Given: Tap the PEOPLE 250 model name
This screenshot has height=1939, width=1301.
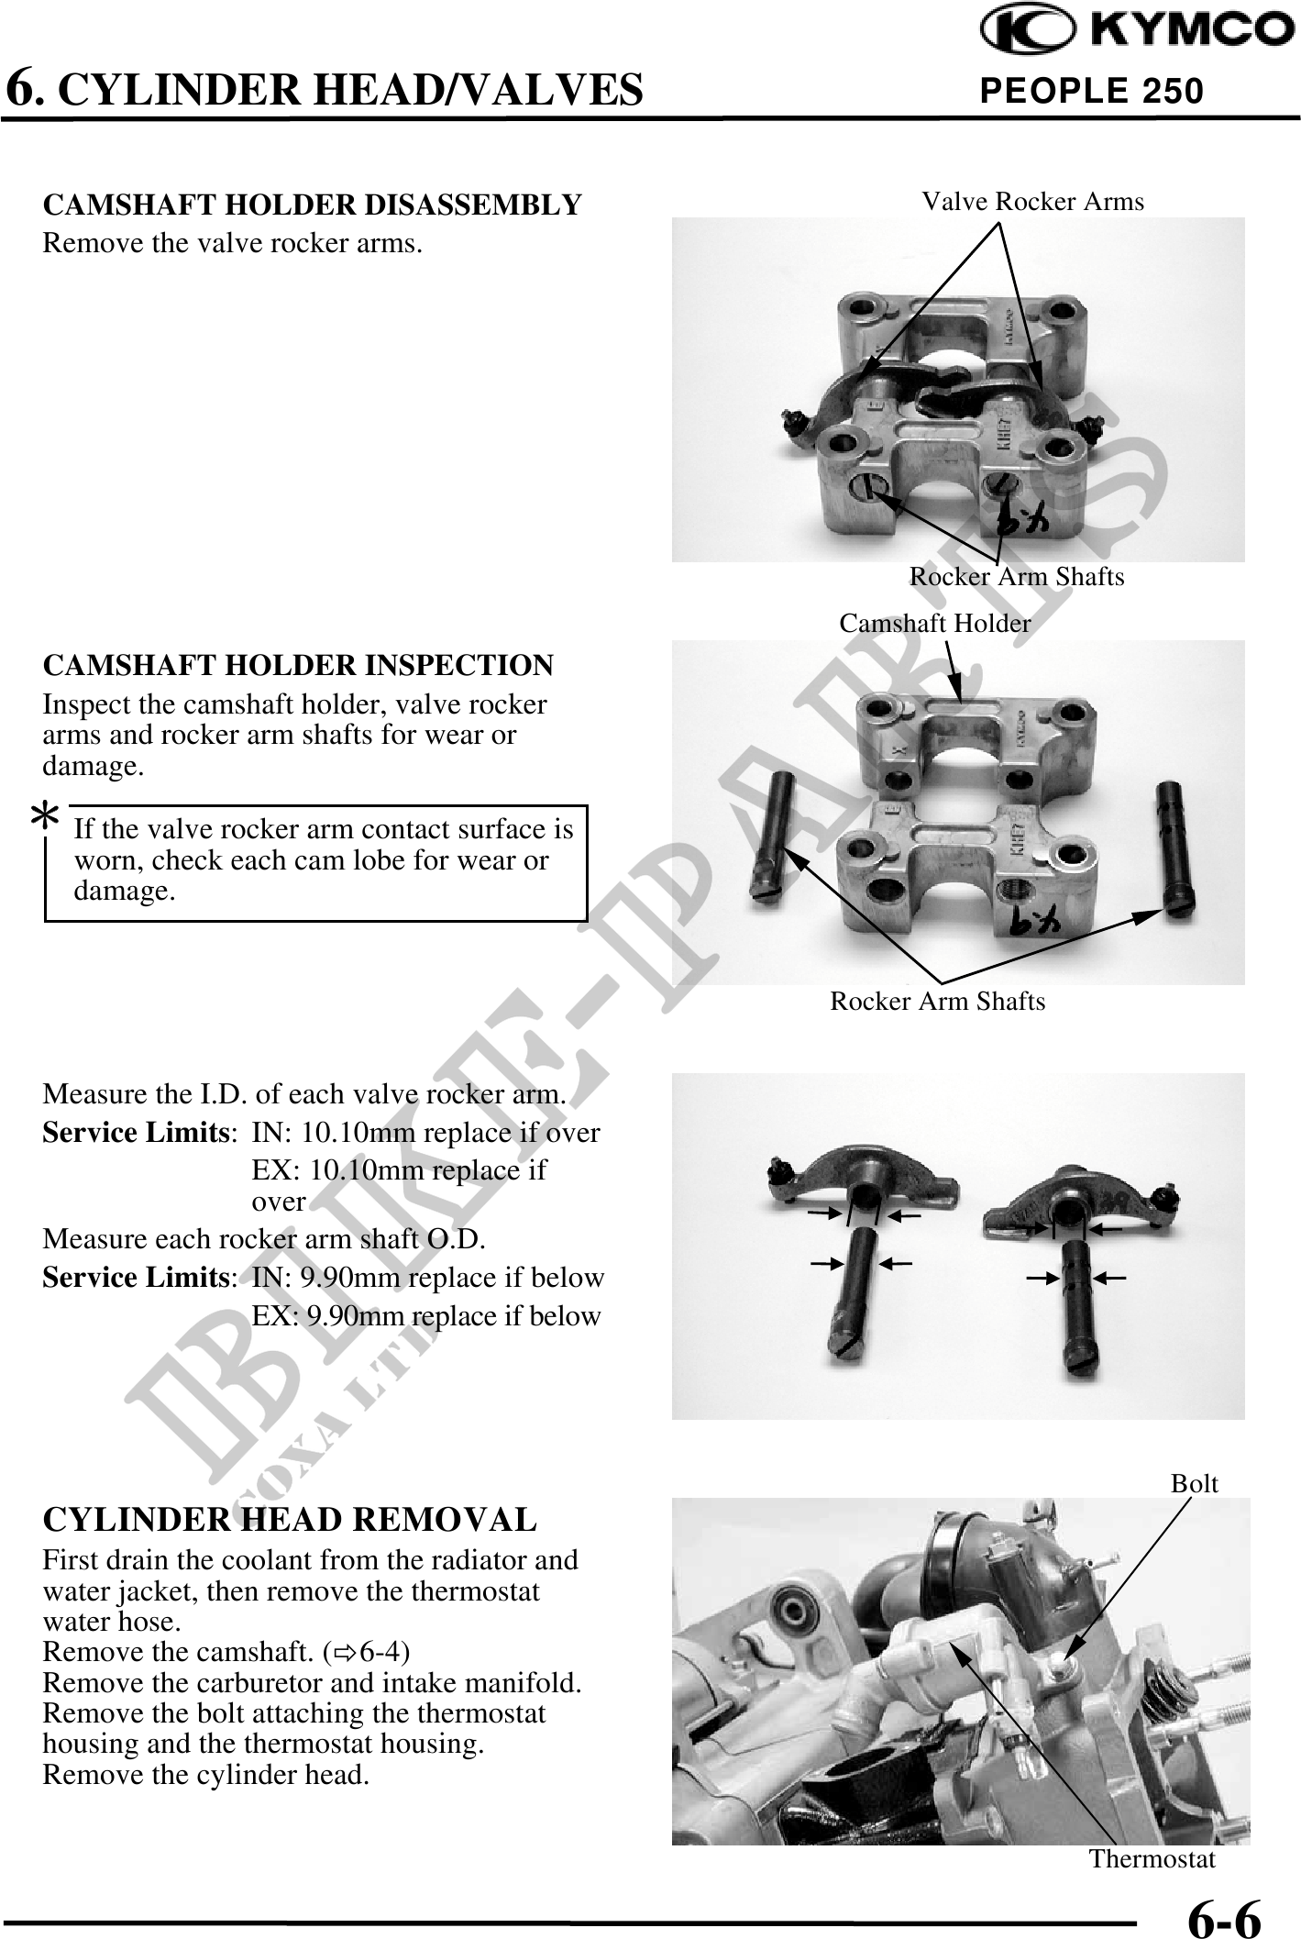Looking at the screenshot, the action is (1091, 91).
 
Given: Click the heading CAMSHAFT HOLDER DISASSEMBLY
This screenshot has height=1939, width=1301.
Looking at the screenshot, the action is (313, 205).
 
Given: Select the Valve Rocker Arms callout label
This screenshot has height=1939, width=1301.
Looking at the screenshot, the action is (1033, 202).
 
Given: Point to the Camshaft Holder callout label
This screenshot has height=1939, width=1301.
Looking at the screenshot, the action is (935, 624).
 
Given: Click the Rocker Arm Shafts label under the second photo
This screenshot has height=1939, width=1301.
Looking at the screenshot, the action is (938, 1001).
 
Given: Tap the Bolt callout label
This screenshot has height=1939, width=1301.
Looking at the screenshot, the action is (1195, 1483).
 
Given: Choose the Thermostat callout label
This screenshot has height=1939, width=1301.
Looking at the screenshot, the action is (1152, 1859).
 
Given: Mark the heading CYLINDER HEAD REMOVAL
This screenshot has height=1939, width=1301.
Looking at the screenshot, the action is (290, 1520).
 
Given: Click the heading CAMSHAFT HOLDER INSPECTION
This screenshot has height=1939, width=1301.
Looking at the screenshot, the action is (299, 665).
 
